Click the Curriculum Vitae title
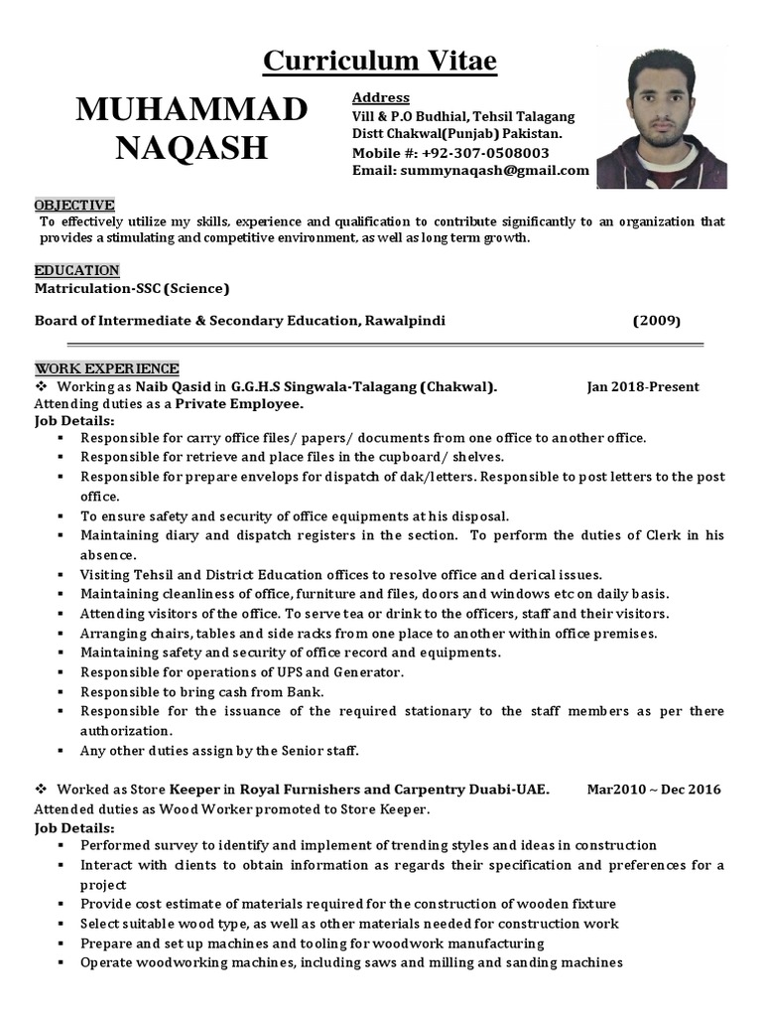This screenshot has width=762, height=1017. pyautogui.click(x=380, y=62)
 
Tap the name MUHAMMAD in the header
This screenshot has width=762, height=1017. pyautogui.click(x=191, y=111)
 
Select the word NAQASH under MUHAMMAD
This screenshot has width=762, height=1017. pyautogui.click(x=191, y=148)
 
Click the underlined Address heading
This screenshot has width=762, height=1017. pyautogui.click(x=381, y=98)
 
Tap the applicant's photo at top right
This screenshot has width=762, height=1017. pyautogui.click(x=675, y=118)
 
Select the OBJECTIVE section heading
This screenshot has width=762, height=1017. pyautogui.click(x=74, y=204)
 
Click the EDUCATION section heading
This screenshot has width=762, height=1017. pyautogui.click(x=77, y=270)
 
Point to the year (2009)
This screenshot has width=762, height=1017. pyautogui.click(x=656, y=321)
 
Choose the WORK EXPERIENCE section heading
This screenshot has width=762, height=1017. pyautogui.click(x=107, y=368)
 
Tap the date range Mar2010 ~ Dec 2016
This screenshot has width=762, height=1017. pyautogui.click(x=654, y=789)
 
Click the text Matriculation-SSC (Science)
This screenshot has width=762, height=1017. pyautogui.click(x=132, y=289)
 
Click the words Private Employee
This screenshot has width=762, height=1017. pyautogui.click(x=239, y=404)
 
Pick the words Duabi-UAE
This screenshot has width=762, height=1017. pyautogui.click(x=514, y=789)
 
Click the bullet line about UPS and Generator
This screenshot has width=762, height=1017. pyautogui.click(x=242, y=672)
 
